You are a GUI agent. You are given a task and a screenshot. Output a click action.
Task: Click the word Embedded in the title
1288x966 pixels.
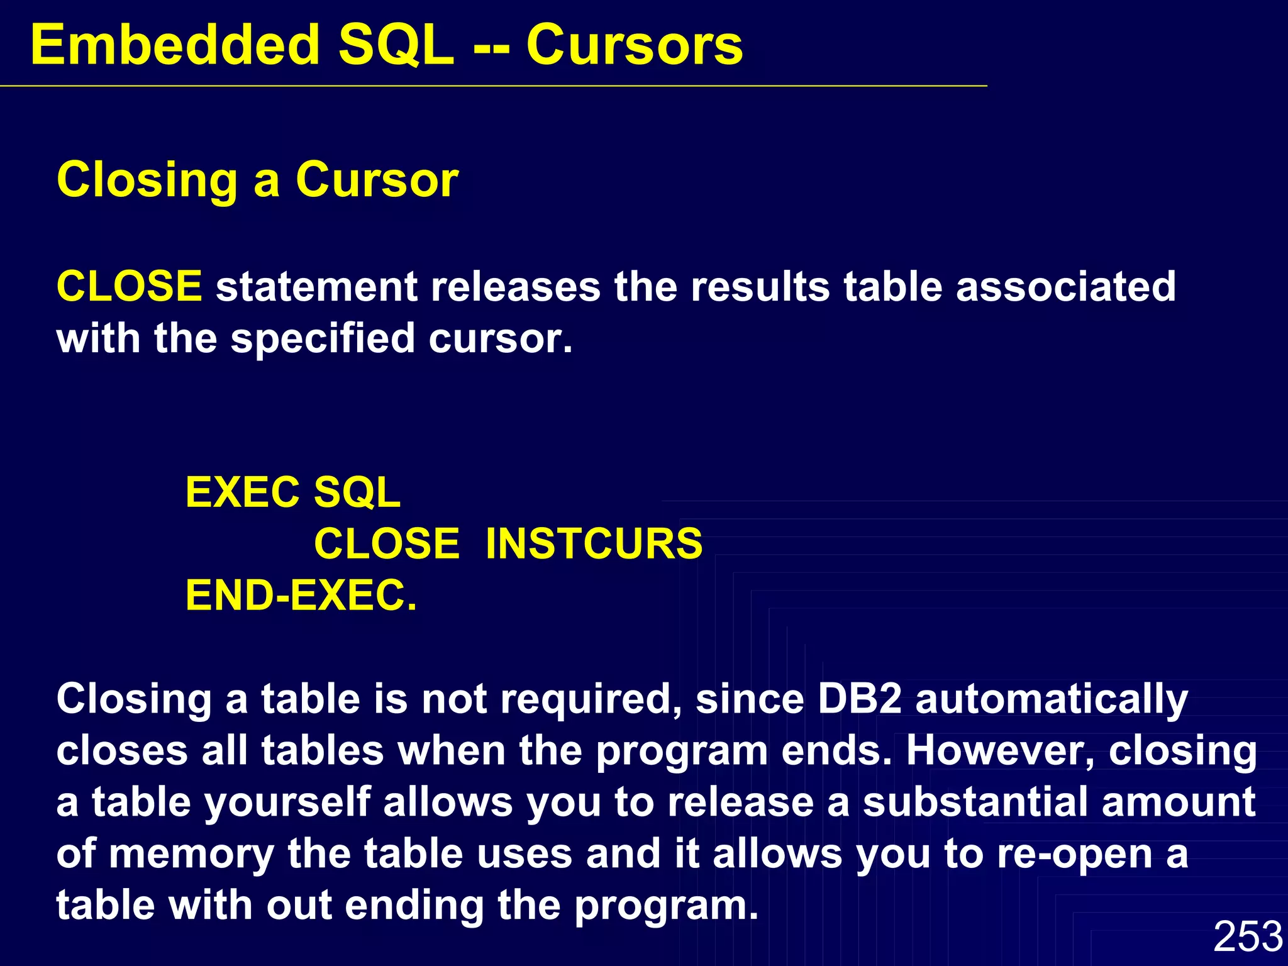(175, 45)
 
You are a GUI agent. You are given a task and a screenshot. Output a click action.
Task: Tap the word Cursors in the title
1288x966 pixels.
(634, 45)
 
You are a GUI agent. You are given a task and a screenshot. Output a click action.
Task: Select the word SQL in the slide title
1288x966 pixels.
(396, 45)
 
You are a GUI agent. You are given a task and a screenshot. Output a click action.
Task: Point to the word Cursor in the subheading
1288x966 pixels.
(377, 180)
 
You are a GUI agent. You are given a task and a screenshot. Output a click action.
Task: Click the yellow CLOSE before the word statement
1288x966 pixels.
(129, 286)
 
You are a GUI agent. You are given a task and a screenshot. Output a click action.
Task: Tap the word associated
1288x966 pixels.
(1065, 286)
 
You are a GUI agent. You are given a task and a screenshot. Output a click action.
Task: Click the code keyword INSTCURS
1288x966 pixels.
(594, 543)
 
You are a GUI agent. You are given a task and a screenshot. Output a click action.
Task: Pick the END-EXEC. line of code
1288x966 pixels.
(301, 596)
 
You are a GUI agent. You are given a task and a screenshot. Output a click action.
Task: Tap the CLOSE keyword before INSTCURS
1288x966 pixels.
(386, 543)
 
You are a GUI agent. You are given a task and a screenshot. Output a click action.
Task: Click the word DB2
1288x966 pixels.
(859, 699)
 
